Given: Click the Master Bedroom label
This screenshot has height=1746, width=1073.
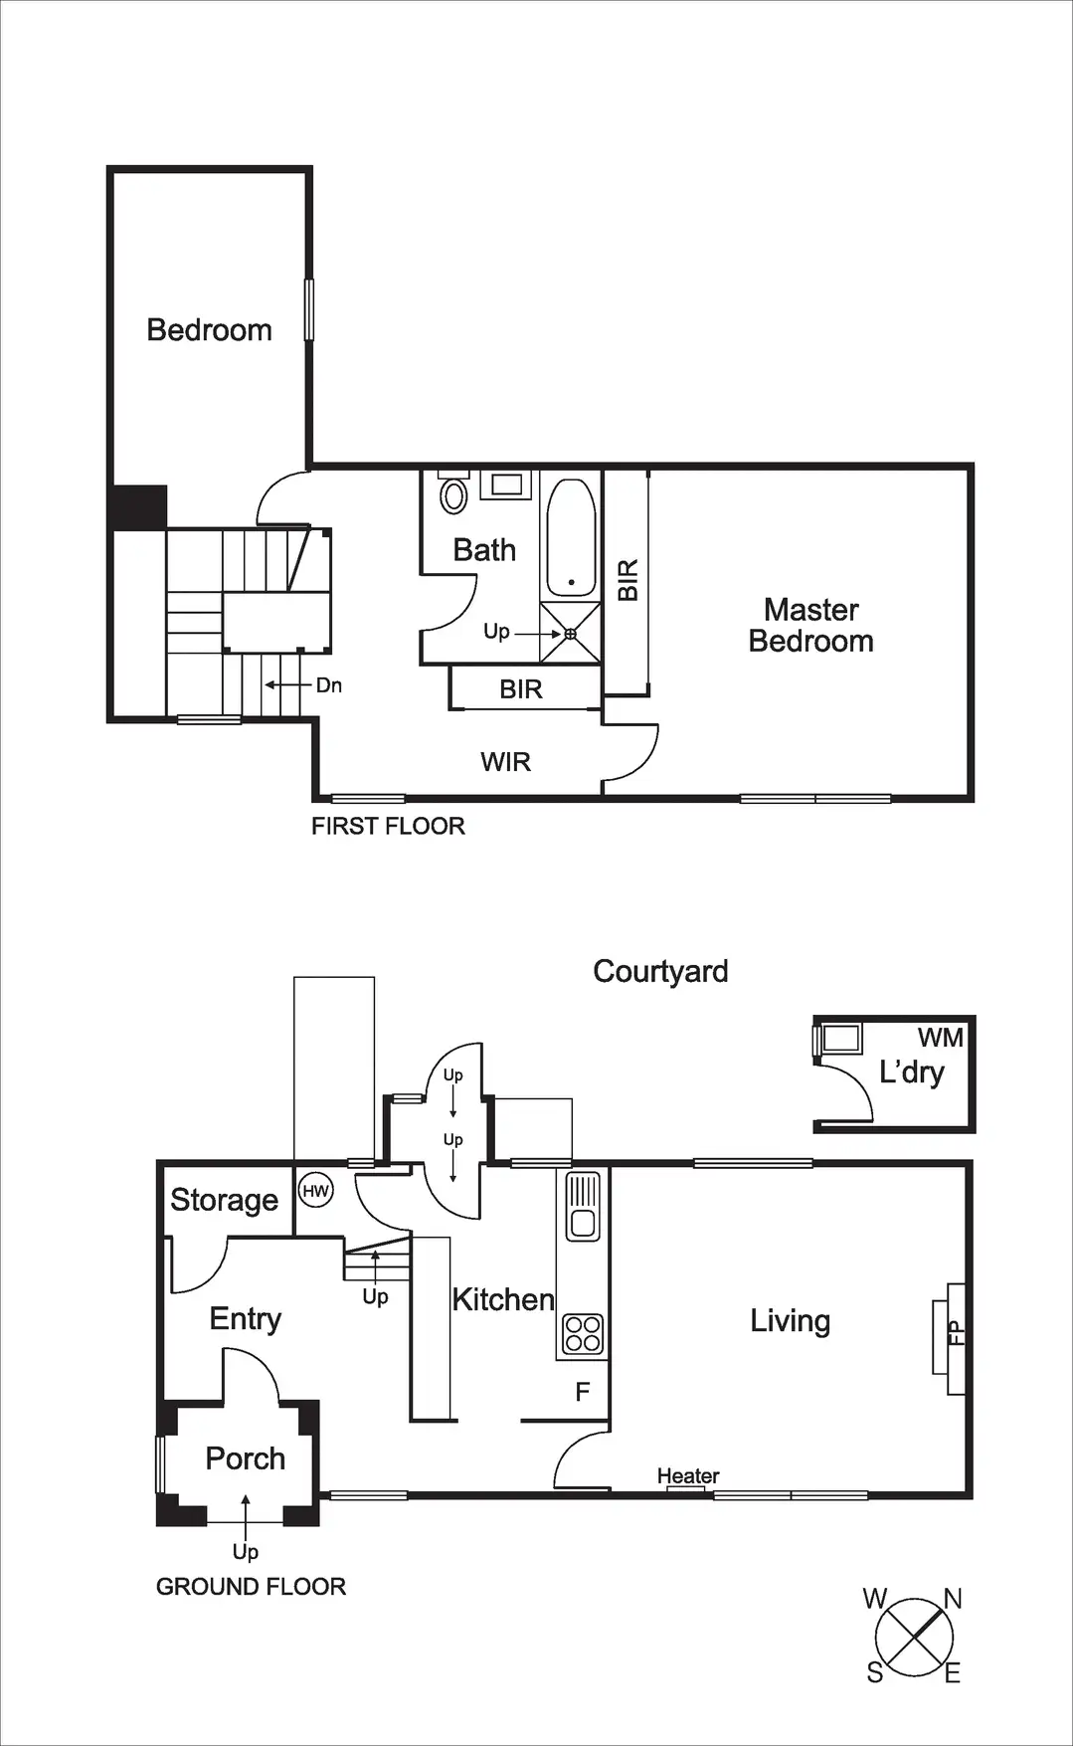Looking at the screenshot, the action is pos(810,625).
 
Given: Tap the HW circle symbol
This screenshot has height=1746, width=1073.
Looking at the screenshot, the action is pos(315,1191).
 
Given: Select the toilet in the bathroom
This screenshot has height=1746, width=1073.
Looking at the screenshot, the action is pos(453,494).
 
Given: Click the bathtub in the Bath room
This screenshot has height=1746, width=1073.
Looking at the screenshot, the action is pos(571,537).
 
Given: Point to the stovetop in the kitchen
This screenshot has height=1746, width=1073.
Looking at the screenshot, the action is pos(583,1334).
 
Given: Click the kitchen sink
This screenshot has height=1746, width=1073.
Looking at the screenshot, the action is pos(583,1206).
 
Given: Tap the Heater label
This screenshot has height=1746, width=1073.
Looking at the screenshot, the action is pos(687,1475).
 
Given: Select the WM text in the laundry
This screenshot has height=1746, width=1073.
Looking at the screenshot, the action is pos(940,1038).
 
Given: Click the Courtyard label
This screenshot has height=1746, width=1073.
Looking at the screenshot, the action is pos(660,971).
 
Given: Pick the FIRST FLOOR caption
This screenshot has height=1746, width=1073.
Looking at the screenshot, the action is pos(388,826).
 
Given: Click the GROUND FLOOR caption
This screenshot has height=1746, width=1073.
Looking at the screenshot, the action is pos(251,1586).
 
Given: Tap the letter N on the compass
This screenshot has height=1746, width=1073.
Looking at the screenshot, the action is pos(952,1599).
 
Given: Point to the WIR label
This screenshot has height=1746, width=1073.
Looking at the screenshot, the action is pos(505,762).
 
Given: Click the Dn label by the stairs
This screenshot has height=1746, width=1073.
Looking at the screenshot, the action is pos(328,685).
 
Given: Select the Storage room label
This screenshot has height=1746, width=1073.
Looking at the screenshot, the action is pos(224,1200).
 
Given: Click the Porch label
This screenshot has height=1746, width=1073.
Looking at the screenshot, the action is pos(245,1458).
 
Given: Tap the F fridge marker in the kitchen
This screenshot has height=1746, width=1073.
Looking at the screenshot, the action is pos(583,1392).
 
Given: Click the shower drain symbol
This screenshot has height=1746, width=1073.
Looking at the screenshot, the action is pos(571,634).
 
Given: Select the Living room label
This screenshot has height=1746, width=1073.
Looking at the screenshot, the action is pos(790,1321).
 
